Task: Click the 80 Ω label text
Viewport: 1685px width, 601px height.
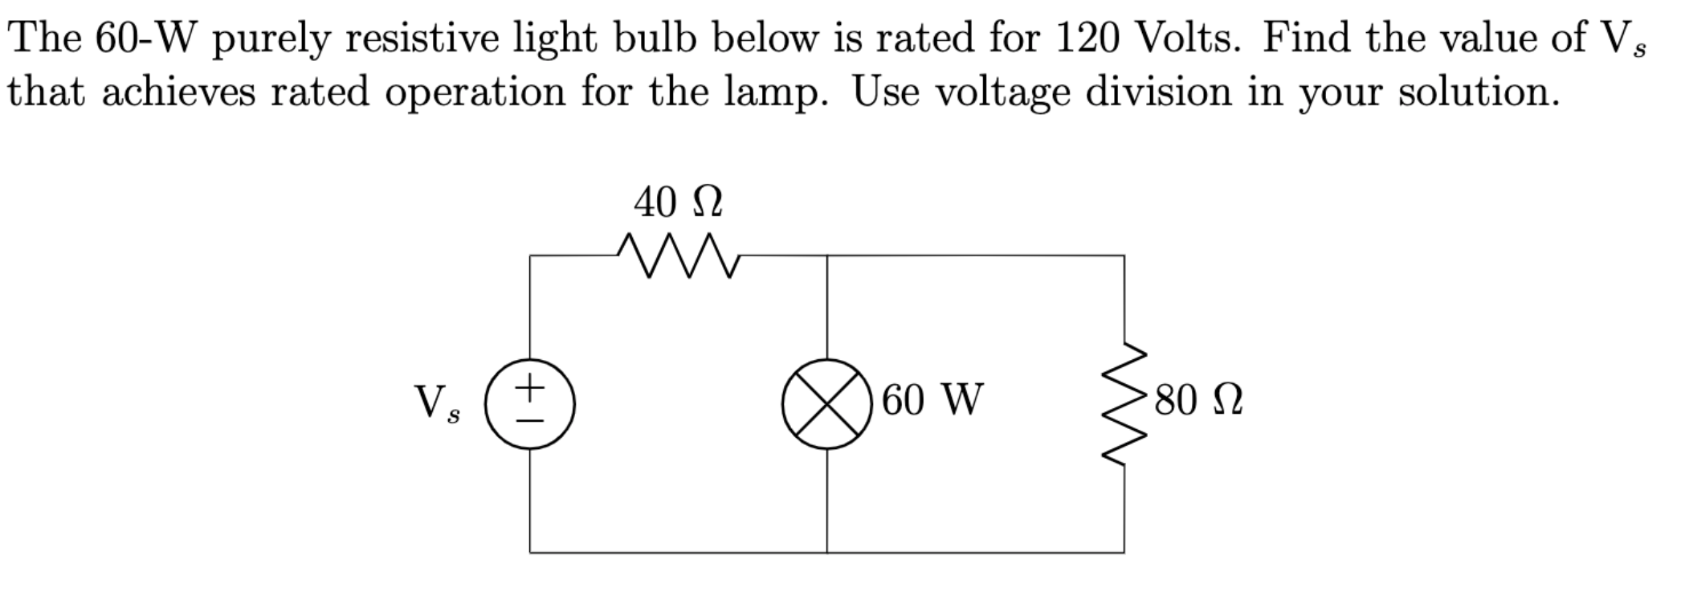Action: (1199, 401)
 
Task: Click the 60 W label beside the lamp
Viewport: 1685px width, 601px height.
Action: (932, 400)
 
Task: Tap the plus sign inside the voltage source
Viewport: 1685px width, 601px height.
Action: (529, 390)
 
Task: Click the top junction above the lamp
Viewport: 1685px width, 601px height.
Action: (827, 256)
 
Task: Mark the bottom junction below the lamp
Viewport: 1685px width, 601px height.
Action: (827, 553)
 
